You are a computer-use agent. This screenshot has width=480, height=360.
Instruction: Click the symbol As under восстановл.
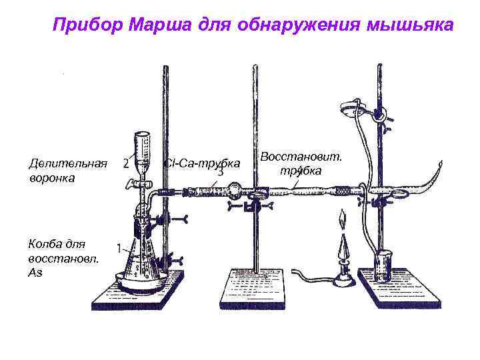pos(35,273)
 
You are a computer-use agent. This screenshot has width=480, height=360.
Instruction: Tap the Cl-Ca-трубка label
pos(203,164)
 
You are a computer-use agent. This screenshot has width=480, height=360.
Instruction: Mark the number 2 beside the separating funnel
pos(126,164)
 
